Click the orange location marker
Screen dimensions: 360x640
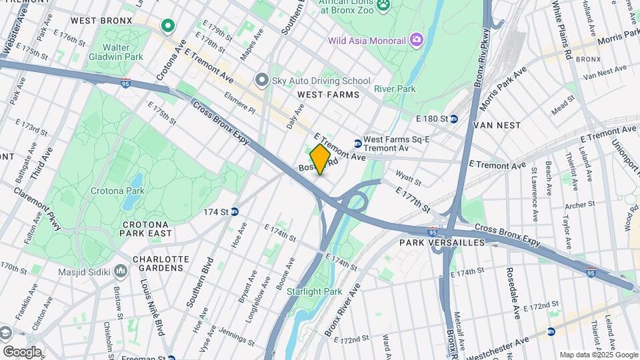[320, 159]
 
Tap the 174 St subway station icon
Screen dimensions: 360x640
[235, 212]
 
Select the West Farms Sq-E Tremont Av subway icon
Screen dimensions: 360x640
[358, 143]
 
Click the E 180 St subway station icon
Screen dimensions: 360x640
[454, 119]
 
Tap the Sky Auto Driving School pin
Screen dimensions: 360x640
[261, 80]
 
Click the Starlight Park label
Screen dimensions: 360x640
[314, 291]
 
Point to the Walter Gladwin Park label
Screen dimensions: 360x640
[124, 52]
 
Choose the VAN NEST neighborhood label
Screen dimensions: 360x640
[497, 125]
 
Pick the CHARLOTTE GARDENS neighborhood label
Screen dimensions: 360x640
[157, 263]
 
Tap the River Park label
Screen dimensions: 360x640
[395, 89]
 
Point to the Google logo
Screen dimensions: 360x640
[22, 351]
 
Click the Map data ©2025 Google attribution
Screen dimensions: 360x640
[598, 355]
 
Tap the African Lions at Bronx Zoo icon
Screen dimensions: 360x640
[384, 6]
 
